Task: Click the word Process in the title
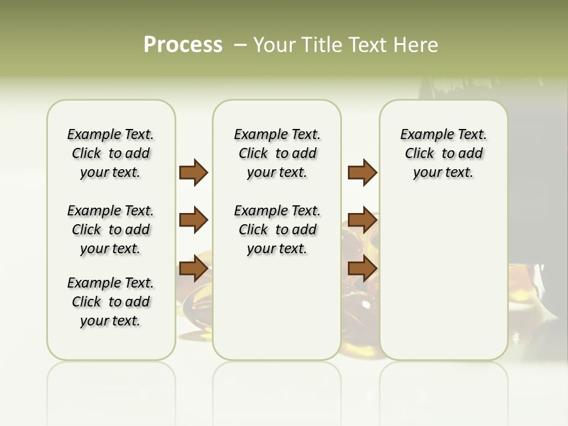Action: tap(183, 44)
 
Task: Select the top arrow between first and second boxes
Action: tap(193, 173)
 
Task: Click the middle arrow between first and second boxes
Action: tap(193, 220)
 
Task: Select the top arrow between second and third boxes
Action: tap(362, 173)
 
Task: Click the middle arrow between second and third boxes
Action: tap(362, 220)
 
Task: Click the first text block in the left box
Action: tap(111, 153)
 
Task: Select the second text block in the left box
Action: tap(111, 230)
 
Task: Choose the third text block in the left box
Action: tap(111, 302)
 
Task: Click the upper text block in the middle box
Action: tap(277, 153)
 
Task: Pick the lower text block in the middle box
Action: tap(277, 230)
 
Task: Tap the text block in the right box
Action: tap(443, 153)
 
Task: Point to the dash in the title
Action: tap(240, 45)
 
